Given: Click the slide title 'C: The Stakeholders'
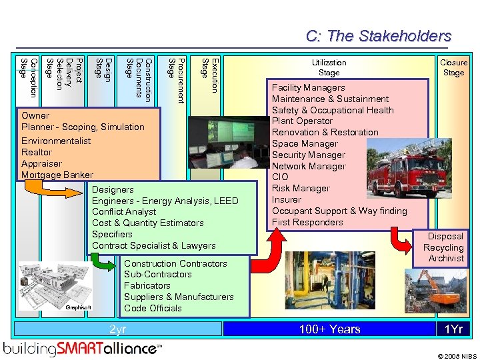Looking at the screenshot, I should coord(378,36).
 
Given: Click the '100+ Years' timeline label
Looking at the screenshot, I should coord(329,329).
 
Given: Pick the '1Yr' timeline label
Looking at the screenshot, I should coord(453,329).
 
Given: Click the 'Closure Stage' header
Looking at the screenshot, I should coord(453,67).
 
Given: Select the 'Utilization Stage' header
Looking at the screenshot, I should coord(329,67).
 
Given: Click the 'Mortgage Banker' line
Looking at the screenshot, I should coord(57,175).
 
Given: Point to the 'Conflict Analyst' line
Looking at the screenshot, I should coord(124,211).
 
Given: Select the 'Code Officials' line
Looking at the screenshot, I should coord(153,308).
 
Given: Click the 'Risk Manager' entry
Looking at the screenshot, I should coord(301,188).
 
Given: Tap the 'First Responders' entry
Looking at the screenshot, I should coord(307,222).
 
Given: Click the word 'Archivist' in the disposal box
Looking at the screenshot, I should coord(446,258).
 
